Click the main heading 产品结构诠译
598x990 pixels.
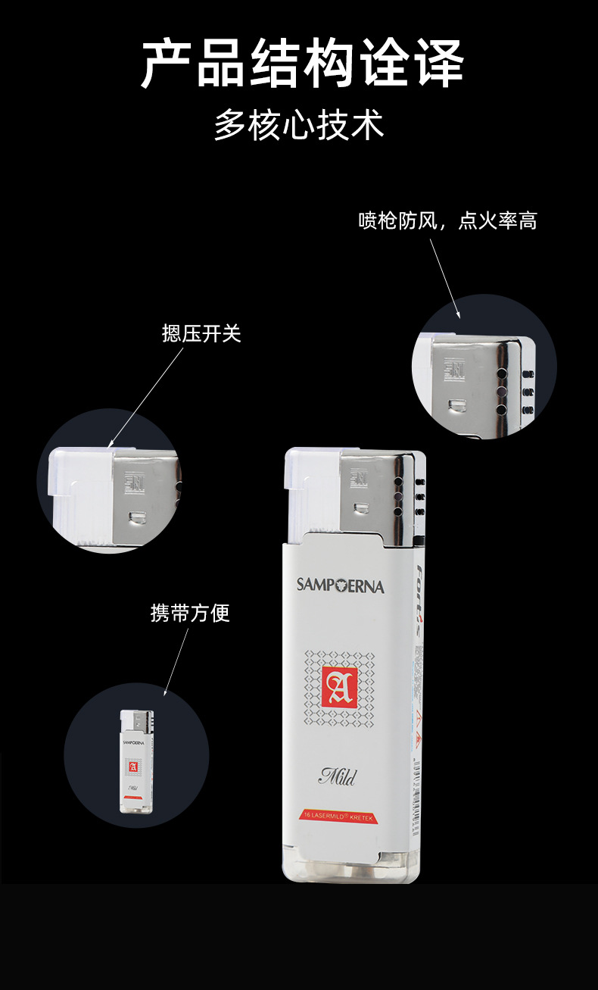301,65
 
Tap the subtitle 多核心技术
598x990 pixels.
299,125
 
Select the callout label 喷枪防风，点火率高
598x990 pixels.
447,221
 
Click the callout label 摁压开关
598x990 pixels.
201,333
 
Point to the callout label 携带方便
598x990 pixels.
190,613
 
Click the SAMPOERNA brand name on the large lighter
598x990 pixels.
340,585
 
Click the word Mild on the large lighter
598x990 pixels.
338,776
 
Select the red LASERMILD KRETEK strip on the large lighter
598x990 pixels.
338,815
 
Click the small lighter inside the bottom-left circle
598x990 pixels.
136,761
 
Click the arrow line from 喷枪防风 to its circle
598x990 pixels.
445,277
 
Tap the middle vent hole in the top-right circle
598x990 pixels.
500,391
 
